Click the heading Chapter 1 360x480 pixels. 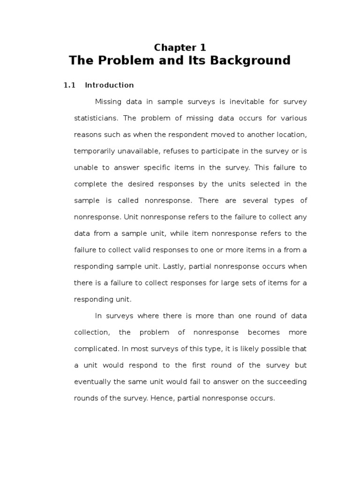[x=180, y=47]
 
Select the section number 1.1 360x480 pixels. [x=69, y=85]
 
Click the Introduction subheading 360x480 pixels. [x=109, y=85]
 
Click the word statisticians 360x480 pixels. [x=97, y=118]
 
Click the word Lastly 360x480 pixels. [x=172, y=266]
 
